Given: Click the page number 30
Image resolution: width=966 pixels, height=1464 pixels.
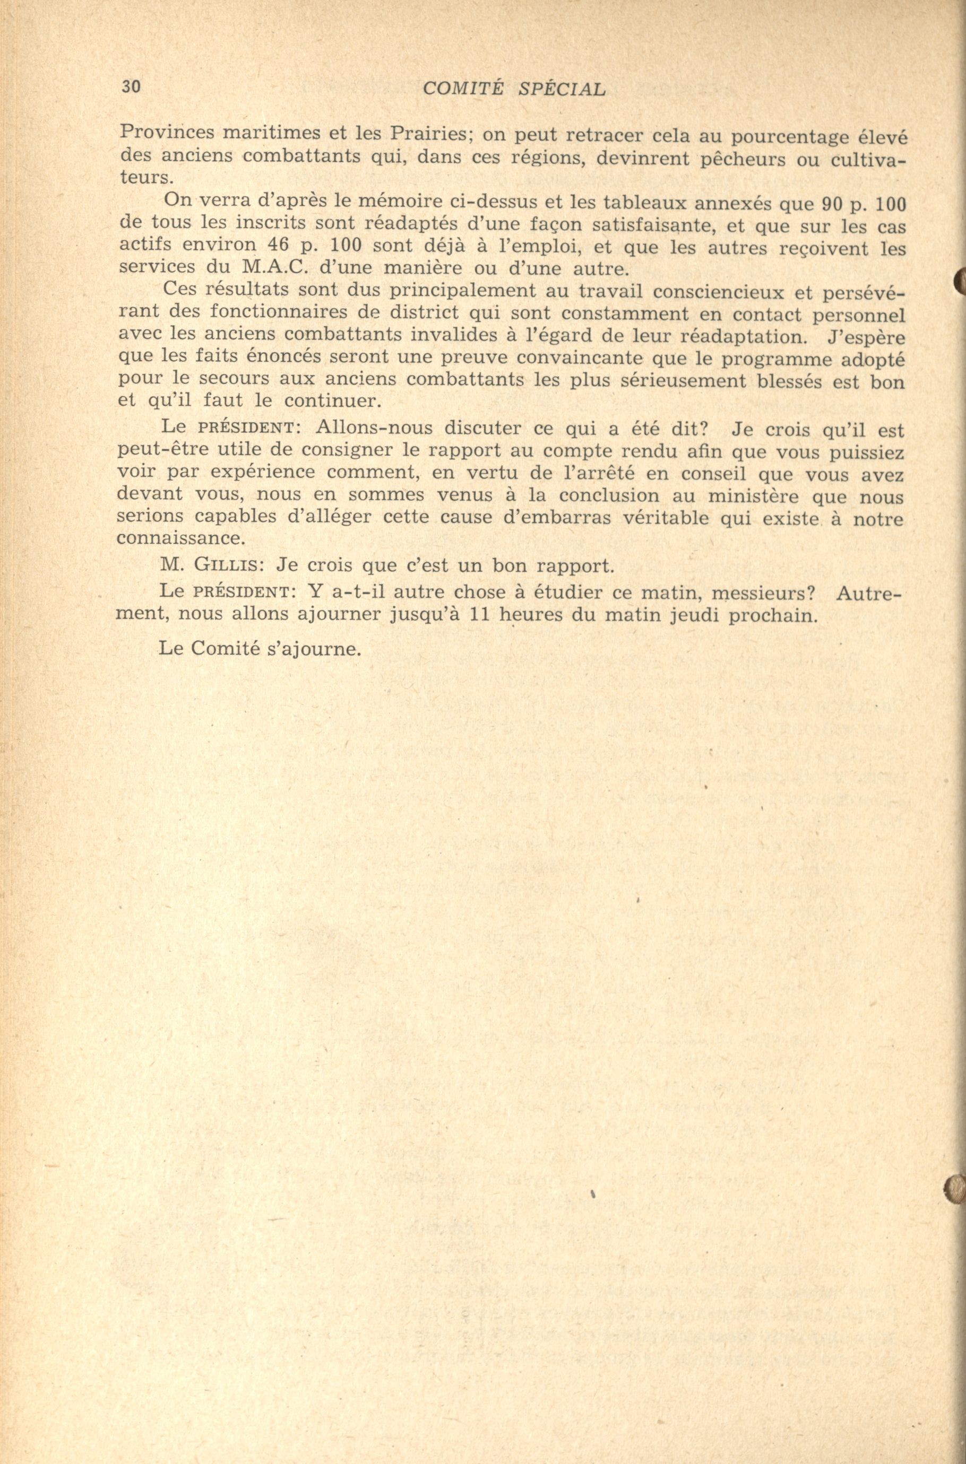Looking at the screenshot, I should tap(131, 87).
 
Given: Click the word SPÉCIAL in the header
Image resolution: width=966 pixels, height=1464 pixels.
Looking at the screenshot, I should tap(561, 89).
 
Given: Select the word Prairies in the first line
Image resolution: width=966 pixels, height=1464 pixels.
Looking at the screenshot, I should tap(422, 133).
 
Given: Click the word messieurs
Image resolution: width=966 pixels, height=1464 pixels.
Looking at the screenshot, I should tap(764, 594).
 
